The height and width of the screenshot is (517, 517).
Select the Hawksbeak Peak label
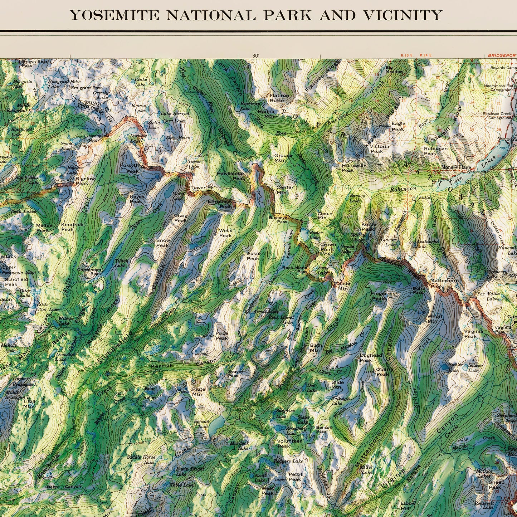click(231, 176)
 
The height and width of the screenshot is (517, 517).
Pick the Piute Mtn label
click(199, 391)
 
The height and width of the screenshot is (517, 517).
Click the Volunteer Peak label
click(289, 443)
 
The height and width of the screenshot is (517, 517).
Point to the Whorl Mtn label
click(435, 319)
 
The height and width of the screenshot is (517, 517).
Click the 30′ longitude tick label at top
click(255, 56)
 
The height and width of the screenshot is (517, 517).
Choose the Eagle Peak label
click(398, 126)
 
